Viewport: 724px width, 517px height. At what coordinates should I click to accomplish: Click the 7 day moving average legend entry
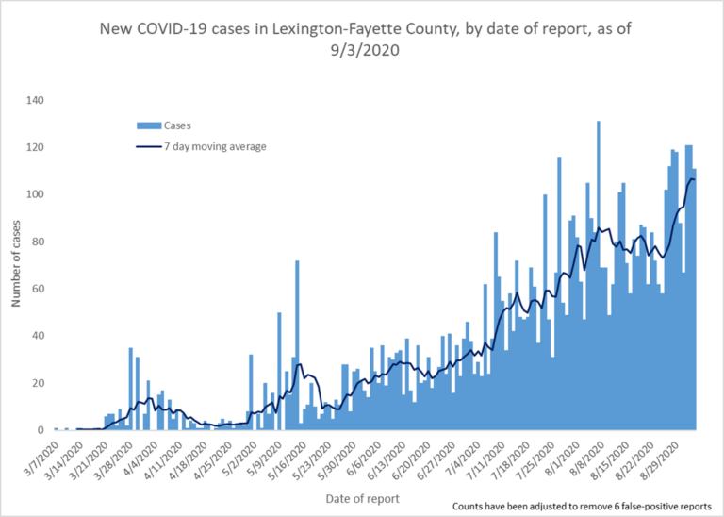[202, 145]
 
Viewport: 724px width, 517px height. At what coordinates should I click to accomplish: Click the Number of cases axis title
[15, 265]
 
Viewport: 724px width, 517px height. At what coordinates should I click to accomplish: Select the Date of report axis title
[361, 497]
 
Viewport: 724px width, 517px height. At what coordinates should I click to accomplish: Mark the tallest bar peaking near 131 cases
[598, 275]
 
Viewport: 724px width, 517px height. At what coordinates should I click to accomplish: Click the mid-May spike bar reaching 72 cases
[297, 345]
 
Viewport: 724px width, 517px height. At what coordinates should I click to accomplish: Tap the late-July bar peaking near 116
[559, 293]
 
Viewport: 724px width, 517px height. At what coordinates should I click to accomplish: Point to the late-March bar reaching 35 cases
[131, 389]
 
